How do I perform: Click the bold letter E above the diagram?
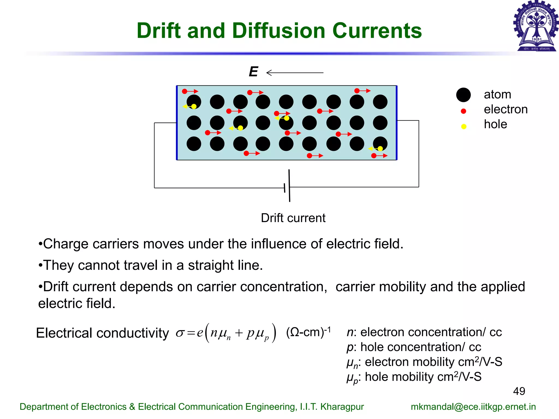[253, 72]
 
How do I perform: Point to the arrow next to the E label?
[295, 73]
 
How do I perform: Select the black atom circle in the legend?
[463, 95]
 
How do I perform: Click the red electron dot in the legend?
[463, 111]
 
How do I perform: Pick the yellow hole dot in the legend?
[463, 126]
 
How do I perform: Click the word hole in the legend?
[495, 124]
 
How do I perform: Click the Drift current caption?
[293, 218]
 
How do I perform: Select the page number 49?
[519, 391]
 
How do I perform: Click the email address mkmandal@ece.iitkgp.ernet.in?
[473, 407]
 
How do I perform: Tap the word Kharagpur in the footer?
[342, 407]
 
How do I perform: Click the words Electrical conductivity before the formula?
[102, 333]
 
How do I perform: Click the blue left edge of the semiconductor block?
[177, 123]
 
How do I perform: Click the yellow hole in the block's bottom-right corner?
[380, 149]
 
